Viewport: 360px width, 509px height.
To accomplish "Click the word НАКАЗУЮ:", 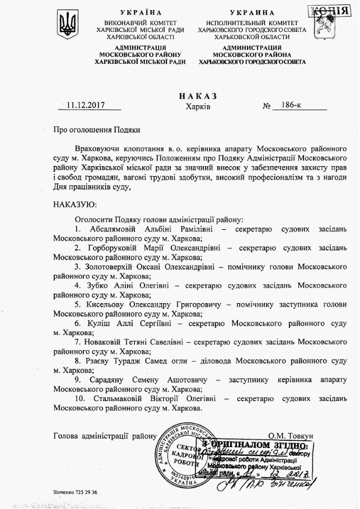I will click(x=74, y=205).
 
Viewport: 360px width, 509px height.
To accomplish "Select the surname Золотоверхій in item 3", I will click(x=115, y=267).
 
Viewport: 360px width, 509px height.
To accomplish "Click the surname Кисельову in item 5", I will click(x=109, y=305).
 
